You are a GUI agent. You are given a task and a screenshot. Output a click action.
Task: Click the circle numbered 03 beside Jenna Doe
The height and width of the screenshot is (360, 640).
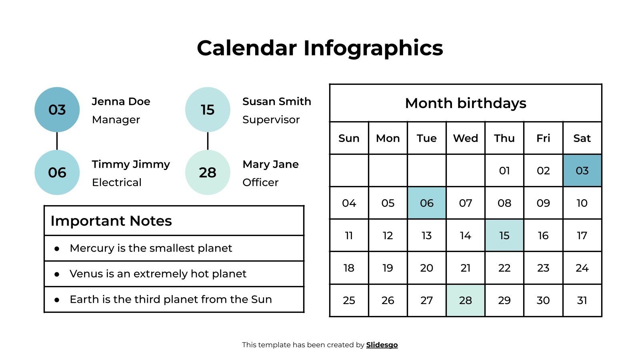tap(57, 110)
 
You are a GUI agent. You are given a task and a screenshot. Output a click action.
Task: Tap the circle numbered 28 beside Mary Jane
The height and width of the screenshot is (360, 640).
tap(208, 172)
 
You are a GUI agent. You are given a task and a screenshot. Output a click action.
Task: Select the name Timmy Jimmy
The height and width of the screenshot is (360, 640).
tap(131, 164)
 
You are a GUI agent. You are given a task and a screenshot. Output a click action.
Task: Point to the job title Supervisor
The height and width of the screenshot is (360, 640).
tap(271, 120)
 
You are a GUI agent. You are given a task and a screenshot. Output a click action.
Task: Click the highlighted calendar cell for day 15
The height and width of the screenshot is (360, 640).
tap(504, 236)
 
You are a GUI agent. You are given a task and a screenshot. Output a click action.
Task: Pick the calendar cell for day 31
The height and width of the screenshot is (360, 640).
tap(582, 300)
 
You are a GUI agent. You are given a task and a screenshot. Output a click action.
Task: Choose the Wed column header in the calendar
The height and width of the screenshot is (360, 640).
tap(465, 138)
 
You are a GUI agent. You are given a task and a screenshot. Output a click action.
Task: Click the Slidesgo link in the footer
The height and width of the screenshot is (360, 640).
tap(382, 345)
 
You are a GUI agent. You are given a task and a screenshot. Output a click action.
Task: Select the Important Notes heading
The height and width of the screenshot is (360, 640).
tap(111, 221)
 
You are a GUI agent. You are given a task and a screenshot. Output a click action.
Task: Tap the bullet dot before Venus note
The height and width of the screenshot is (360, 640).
tap(57, 274)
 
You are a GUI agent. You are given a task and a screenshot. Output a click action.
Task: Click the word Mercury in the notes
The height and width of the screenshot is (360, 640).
tap(92, 248)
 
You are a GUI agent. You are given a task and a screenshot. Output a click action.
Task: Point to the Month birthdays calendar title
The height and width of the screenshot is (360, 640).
tap(466, 103)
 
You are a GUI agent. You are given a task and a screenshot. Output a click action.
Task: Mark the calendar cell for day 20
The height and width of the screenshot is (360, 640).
tap(426, 268)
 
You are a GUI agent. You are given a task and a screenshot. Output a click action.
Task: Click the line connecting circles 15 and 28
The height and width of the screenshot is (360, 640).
tap(208, 141)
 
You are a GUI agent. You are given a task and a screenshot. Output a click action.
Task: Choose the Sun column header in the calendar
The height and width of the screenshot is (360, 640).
tap(349, 138)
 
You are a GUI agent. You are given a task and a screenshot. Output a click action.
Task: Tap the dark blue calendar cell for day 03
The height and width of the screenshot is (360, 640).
tap(582, 171)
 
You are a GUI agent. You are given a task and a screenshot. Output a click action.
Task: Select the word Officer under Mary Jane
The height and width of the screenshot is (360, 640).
tap(260, 182)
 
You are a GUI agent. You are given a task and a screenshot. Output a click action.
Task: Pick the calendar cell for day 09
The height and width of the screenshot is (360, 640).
tap(543, 203)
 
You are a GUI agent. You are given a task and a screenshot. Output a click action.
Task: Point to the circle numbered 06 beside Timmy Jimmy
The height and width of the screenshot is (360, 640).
tap(57, 172)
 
